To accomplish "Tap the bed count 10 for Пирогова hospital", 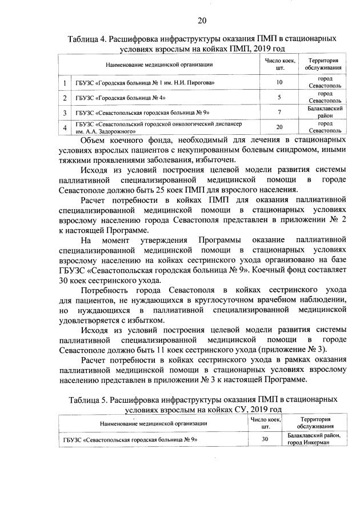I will [279, 83].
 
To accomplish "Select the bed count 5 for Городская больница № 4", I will [279, 97].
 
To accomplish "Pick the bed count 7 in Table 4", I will [279, 111].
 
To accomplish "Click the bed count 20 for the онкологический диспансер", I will [279, 127].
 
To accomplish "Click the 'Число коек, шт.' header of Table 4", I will [279, 64].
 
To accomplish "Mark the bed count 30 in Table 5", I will [265, 439].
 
